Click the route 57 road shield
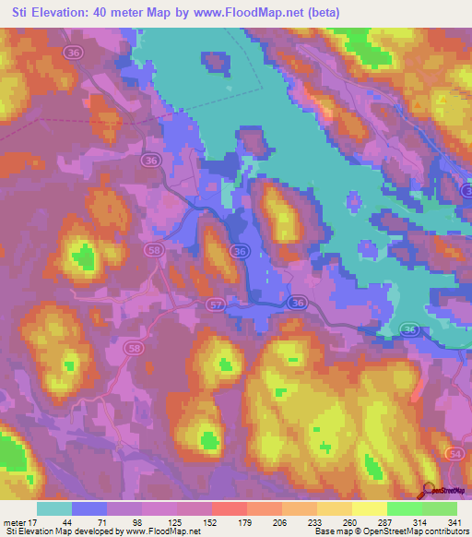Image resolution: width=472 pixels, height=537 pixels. click(x=216, y=304)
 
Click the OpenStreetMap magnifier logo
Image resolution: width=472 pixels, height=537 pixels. click(x=428, y=489)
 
